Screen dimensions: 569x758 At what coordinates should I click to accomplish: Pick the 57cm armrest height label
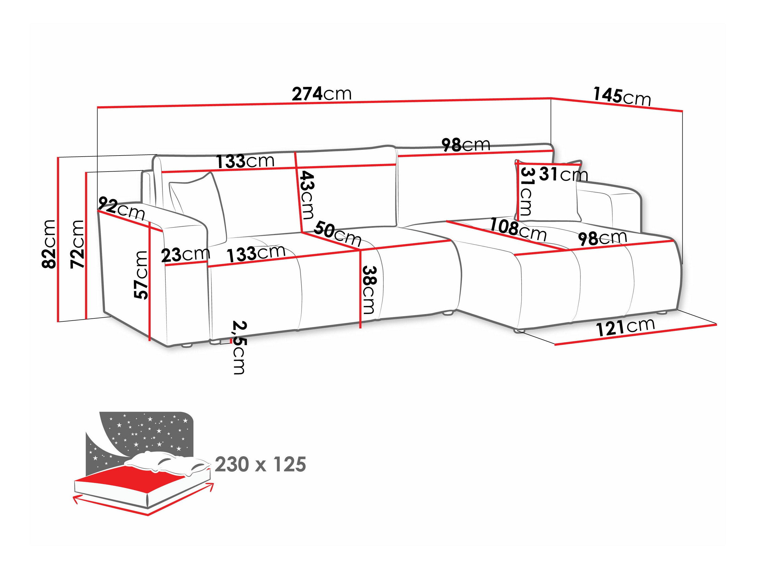141,275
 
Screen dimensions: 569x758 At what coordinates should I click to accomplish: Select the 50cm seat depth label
338,233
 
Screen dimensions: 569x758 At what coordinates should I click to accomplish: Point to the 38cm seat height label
369,290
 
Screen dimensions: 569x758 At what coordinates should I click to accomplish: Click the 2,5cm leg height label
239,347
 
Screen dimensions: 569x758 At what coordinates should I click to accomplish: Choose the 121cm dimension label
625,327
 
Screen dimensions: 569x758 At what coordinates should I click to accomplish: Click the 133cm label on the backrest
245,161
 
